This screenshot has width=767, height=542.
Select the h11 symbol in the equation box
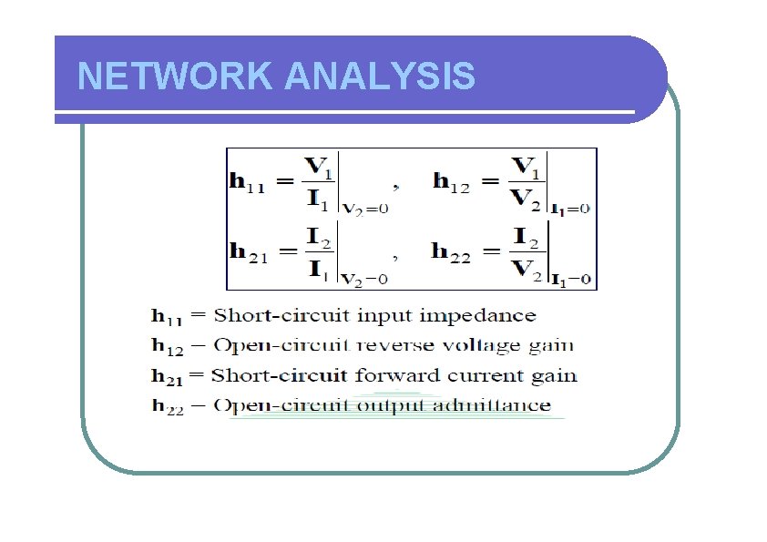pyautogui.click(x=246, y=185)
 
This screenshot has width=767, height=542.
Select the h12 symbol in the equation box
pyautogui.click(x=452, y=184)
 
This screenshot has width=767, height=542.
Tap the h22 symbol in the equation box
pyautogui.click(x=452, y=252)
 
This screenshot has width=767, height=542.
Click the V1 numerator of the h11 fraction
pyautogui.click(x=318, y=167)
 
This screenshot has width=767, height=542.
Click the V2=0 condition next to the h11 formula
pyautogui.click(x=365, y=208)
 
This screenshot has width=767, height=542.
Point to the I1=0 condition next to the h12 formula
pyautogui.click(x=571, y=208)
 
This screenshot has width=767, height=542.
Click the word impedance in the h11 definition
pyautogui.click(x=491, y=317)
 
